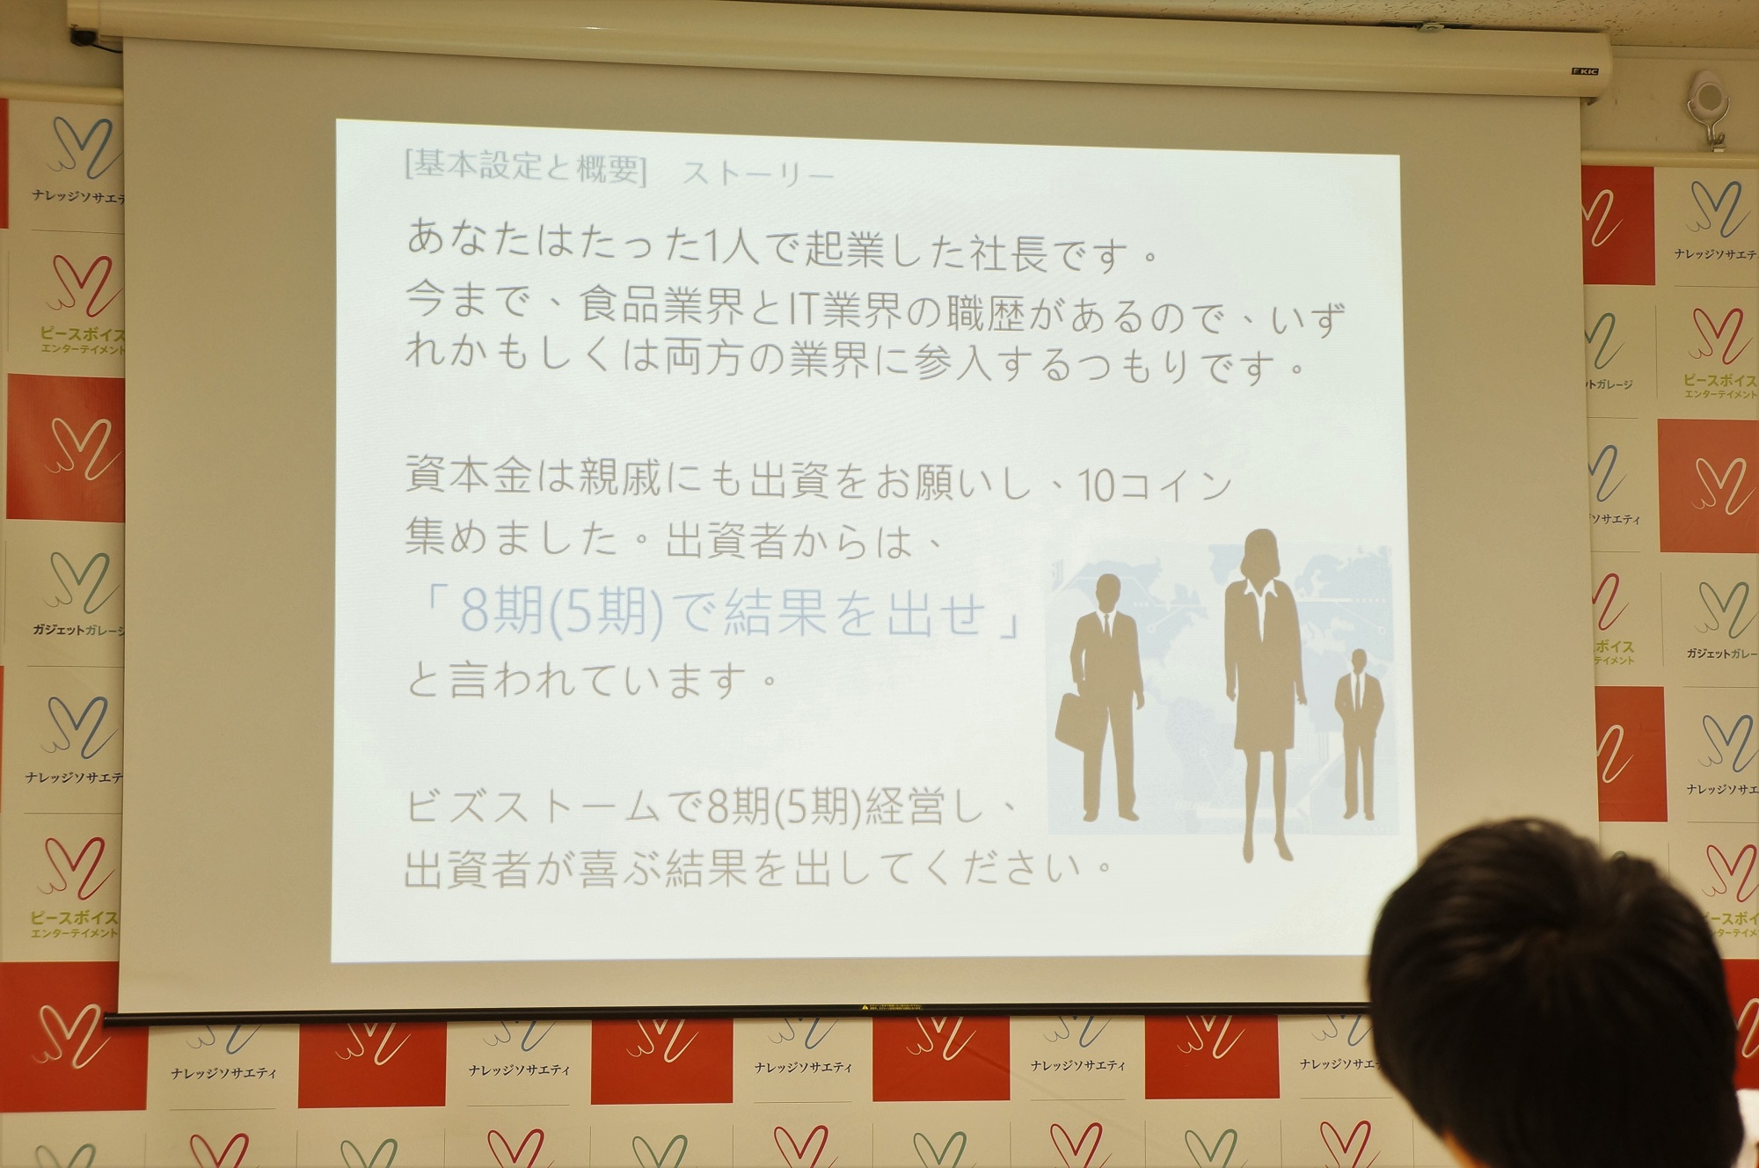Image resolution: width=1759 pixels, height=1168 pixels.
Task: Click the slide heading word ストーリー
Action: (x=757, y=174)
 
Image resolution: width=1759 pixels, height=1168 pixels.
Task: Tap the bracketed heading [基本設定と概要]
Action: (x=525, y=165)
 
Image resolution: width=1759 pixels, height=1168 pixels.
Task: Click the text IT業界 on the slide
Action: (x=846, y=310)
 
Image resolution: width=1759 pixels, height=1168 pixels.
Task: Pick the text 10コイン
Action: (x=1155, y=485)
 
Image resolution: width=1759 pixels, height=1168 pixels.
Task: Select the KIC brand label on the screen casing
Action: (x=1585, y=71)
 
